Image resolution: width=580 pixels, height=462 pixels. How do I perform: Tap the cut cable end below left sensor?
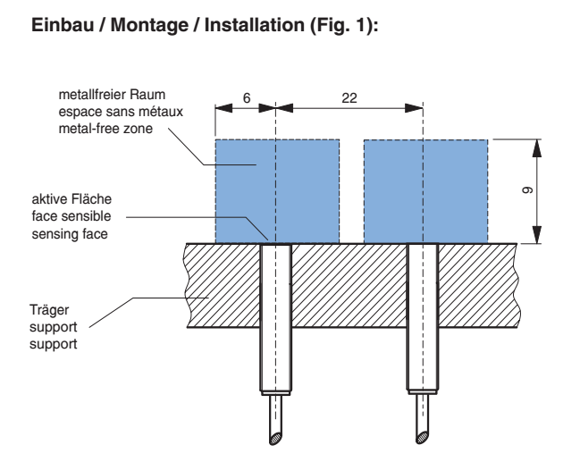[x=273, y=431]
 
